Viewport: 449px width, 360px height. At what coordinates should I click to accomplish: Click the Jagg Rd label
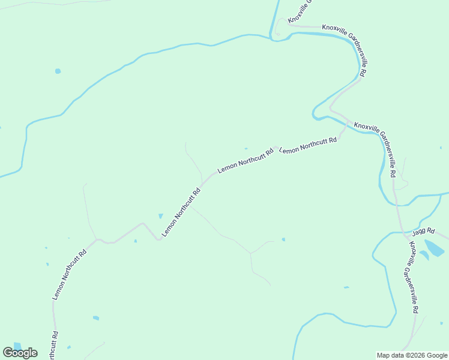click(x=423, y=231)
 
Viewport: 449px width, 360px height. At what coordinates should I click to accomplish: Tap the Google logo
click(x=20, y=353)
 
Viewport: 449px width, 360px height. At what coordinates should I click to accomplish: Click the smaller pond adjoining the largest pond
click(x=424, y=255)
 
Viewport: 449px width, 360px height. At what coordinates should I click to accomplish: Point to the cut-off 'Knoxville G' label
click(x=298, y=11)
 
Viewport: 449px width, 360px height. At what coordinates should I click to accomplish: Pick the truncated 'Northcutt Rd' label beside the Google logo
click(x=54, y=345)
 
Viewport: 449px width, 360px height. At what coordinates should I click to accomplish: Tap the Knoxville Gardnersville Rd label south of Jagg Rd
click(x=411, y=277)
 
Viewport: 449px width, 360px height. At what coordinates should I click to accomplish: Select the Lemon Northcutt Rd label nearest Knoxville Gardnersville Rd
click(x=308, y=145)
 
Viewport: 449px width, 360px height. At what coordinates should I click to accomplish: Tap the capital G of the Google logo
click(x=8, y=353)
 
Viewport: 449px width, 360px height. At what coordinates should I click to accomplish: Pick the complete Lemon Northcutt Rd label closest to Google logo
click(x=70, y=274)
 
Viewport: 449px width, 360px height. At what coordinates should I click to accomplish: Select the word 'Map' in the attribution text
click(x=384, y=355)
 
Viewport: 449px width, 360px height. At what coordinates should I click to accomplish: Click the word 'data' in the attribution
click(x=397, y=355)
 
